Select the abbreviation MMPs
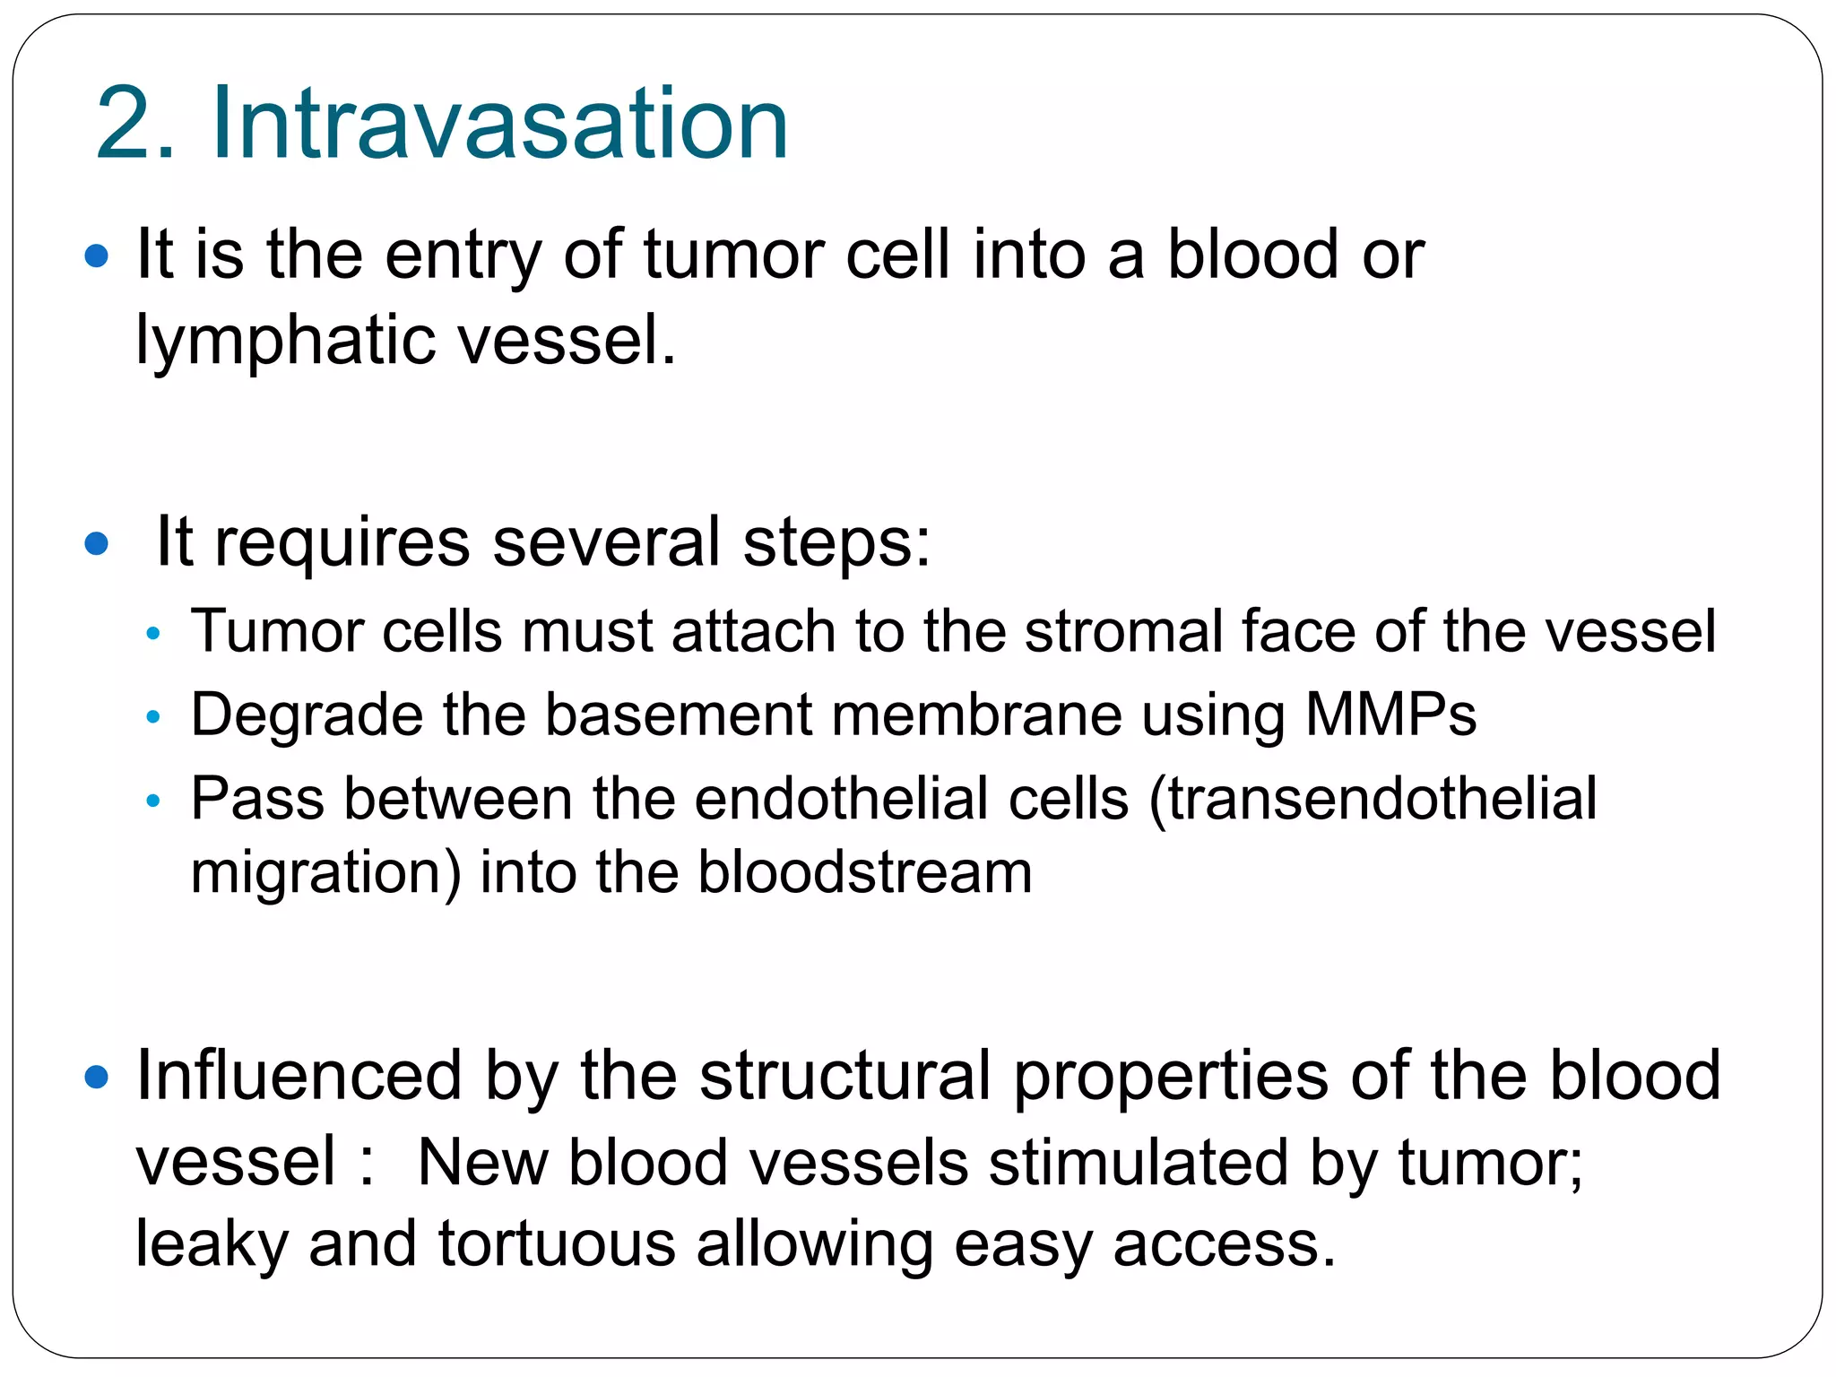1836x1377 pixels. click(x=1390, y=715)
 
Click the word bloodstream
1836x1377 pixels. click(x=865, y=872)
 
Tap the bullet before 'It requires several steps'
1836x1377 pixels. click(x=96, y=543)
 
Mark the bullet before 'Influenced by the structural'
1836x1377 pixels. click(x=96, y=1077)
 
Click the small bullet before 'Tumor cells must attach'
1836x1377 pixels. click(x=152, y=634)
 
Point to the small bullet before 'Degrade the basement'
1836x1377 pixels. click(x=152, y=717)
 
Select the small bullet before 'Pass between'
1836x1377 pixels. click(x=152, y=801)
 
